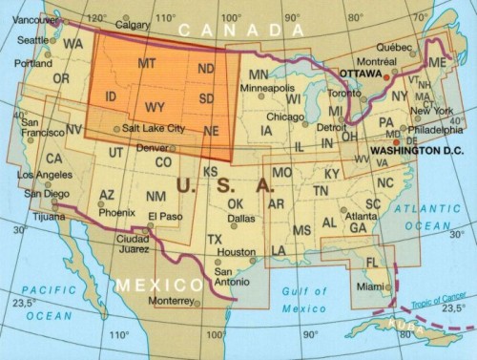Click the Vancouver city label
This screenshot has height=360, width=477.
pyautogui.click(x=28, y=19)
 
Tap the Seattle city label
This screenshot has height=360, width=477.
pyautogui.click(x=32, y=40)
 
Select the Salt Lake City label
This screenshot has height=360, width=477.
pyautogui.click(x=154, y=128)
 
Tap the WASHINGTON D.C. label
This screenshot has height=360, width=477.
pyautogui.click(x=416, y=151)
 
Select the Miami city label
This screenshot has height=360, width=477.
pyautogui.click(x=367, y=286)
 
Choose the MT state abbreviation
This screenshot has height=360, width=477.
pyautogui.click(x=147, y=63)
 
